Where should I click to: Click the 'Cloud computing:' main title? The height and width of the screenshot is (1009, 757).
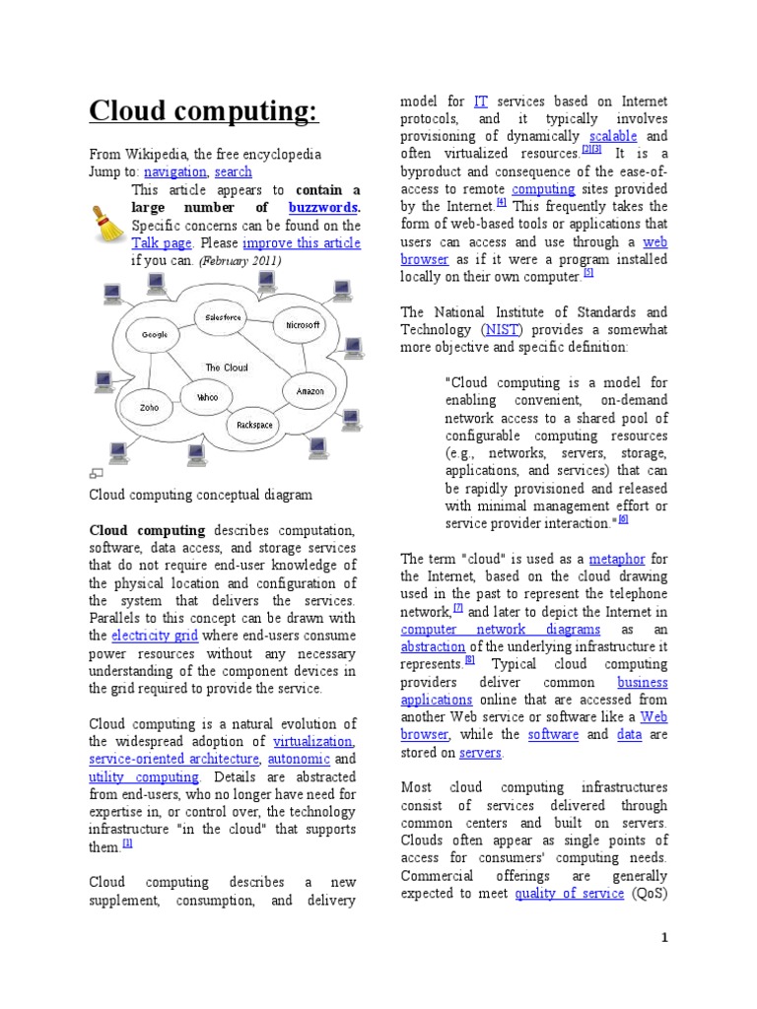click(203, 111)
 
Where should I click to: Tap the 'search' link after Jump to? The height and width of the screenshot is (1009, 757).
click(233, 171)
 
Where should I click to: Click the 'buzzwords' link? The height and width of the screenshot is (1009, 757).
click(322, 208)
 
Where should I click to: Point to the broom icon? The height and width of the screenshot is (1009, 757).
click(105, 224)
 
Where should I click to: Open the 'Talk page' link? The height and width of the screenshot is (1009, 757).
click(162, 242)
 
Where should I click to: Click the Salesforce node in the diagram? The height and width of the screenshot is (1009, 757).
click(223, 317)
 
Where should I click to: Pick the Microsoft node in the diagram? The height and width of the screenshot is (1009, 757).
click(303, 324)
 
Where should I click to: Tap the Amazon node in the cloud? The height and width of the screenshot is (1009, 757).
click(310, 391)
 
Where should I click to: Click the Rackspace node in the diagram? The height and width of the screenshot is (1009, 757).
click(254, 425)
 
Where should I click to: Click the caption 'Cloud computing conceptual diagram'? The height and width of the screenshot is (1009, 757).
click(200, 495)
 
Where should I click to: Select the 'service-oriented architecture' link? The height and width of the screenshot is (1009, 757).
click(173, 760)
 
